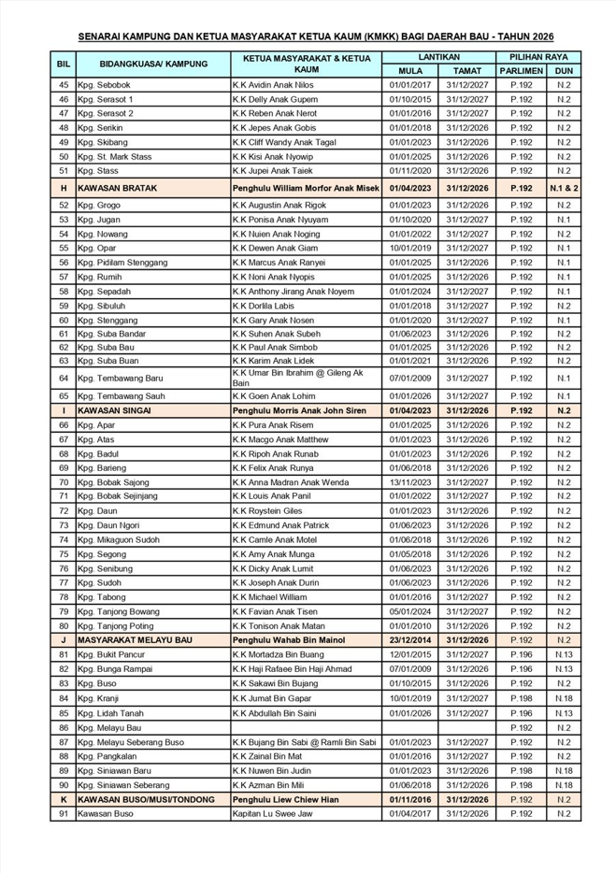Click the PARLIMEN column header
[x=521, y=70]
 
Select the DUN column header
[x=564, y=70]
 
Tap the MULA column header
[x=408, y=70]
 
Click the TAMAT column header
[x=467, y=70]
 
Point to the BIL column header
[x=64, y=64]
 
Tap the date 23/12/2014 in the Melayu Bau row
[x=408, y=639]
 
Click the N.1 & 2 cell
[x=564, y=188]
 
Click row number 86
[x=64, y=726]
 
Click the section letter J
[x=64, y=639]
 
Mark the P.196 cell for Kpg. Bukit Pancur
[x=521, y=654]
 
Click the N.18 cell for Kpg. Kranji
[x=564, y=697]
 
